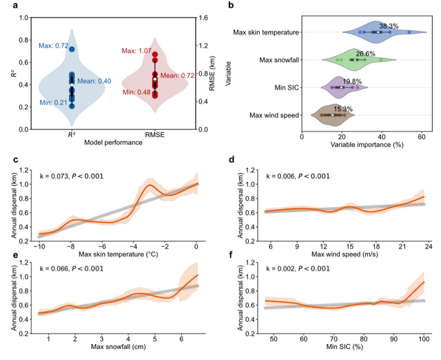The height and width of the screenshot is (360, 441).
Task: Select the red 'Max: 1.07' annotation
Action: coord(136,50)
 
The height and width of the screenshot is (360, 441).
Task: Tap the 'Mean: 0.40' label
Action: coord(94,81)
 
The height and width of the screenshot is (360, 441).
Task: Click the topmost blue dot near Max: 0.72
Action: coord(72,49)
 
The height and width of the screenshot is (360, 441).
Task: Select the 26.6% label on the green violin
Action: coord(365,53)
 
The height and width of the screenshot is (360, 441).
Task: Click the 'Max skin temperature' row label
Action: coord(265,32)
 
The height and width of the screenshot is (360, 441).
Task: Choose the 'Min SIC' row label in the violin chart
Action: coord(284,87)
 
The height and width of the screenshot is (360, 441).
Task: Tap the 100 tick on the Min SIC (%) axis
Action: coord(422,341)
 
